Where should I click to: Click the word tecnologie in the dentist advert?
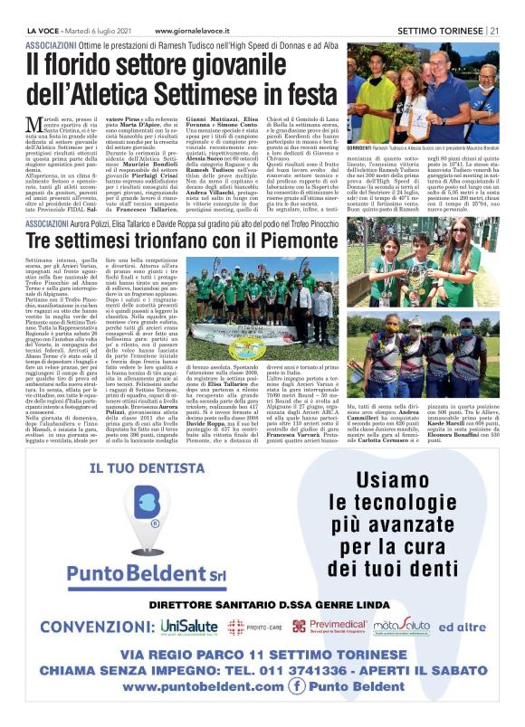[x=370, y=501]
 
